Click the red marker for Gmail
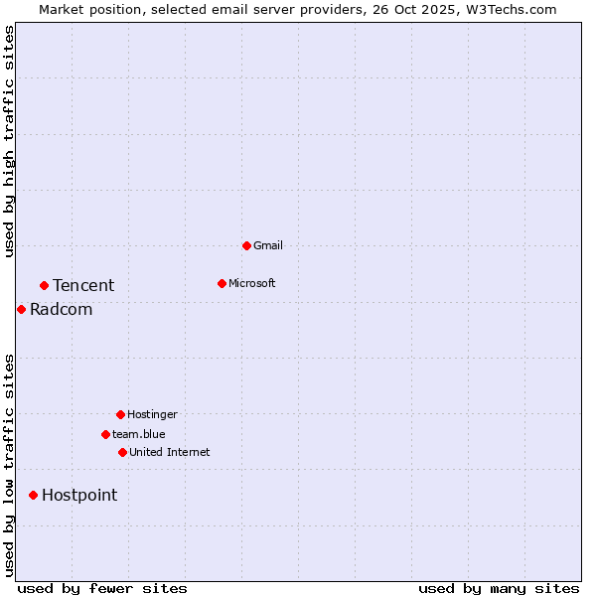246,245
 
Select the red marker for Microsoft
222,283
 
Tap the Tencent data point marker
44,285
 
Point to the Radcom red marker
21,309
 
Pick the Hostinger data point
120,414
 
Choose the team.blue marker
105,434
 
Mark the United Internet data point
122,452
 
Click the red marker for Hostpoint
33,495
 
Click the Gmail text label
268,245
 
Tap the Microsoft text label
252,283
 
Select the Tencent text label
83,285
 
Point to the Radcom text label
62,309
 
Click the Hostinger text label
152,414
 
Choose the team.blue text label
139,434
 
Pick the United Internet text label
170,452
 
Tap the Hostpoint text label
79,495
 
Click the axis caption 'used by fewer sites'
102,588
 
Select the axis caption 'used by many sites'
499,588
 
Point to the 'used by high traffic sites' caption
10,141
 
